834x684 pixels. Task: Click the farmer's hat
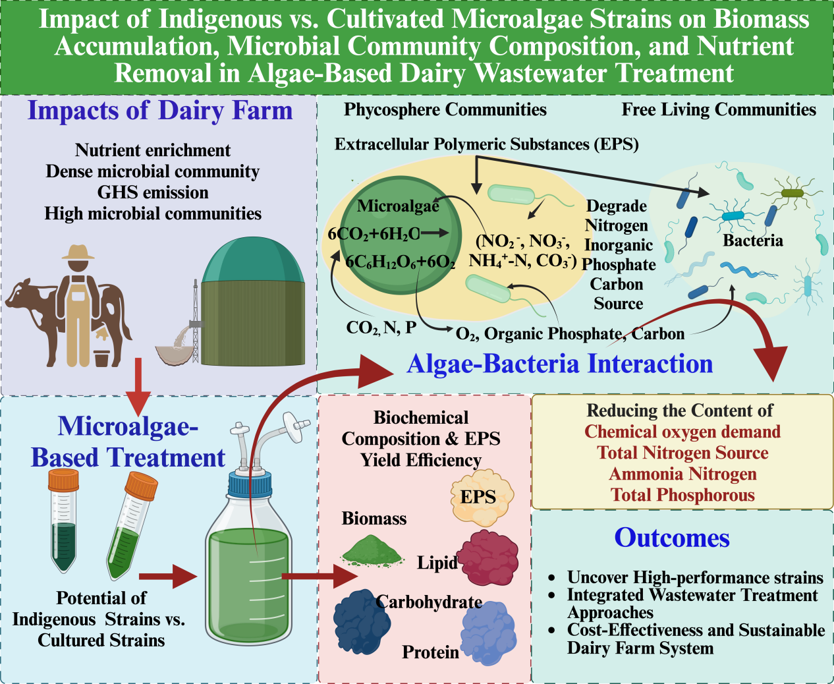(78, 252)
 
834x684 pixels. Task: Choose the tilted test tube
(131, 527)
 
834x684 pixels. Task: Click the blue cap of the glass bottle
(250, 485)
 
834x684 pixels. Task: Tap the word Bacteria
(753, 241)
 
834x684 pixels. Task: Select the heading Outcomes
(672, 538)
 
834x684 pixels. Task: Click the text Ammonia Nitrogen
(682, 474)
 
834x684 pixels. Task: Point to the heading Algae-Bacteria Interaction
(560, 364)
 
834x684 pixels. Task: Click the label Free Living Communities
(719, 109)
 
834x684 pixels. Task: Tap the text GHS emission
(153, 192)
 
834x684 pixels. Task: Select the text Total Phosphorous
(682, 495)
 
